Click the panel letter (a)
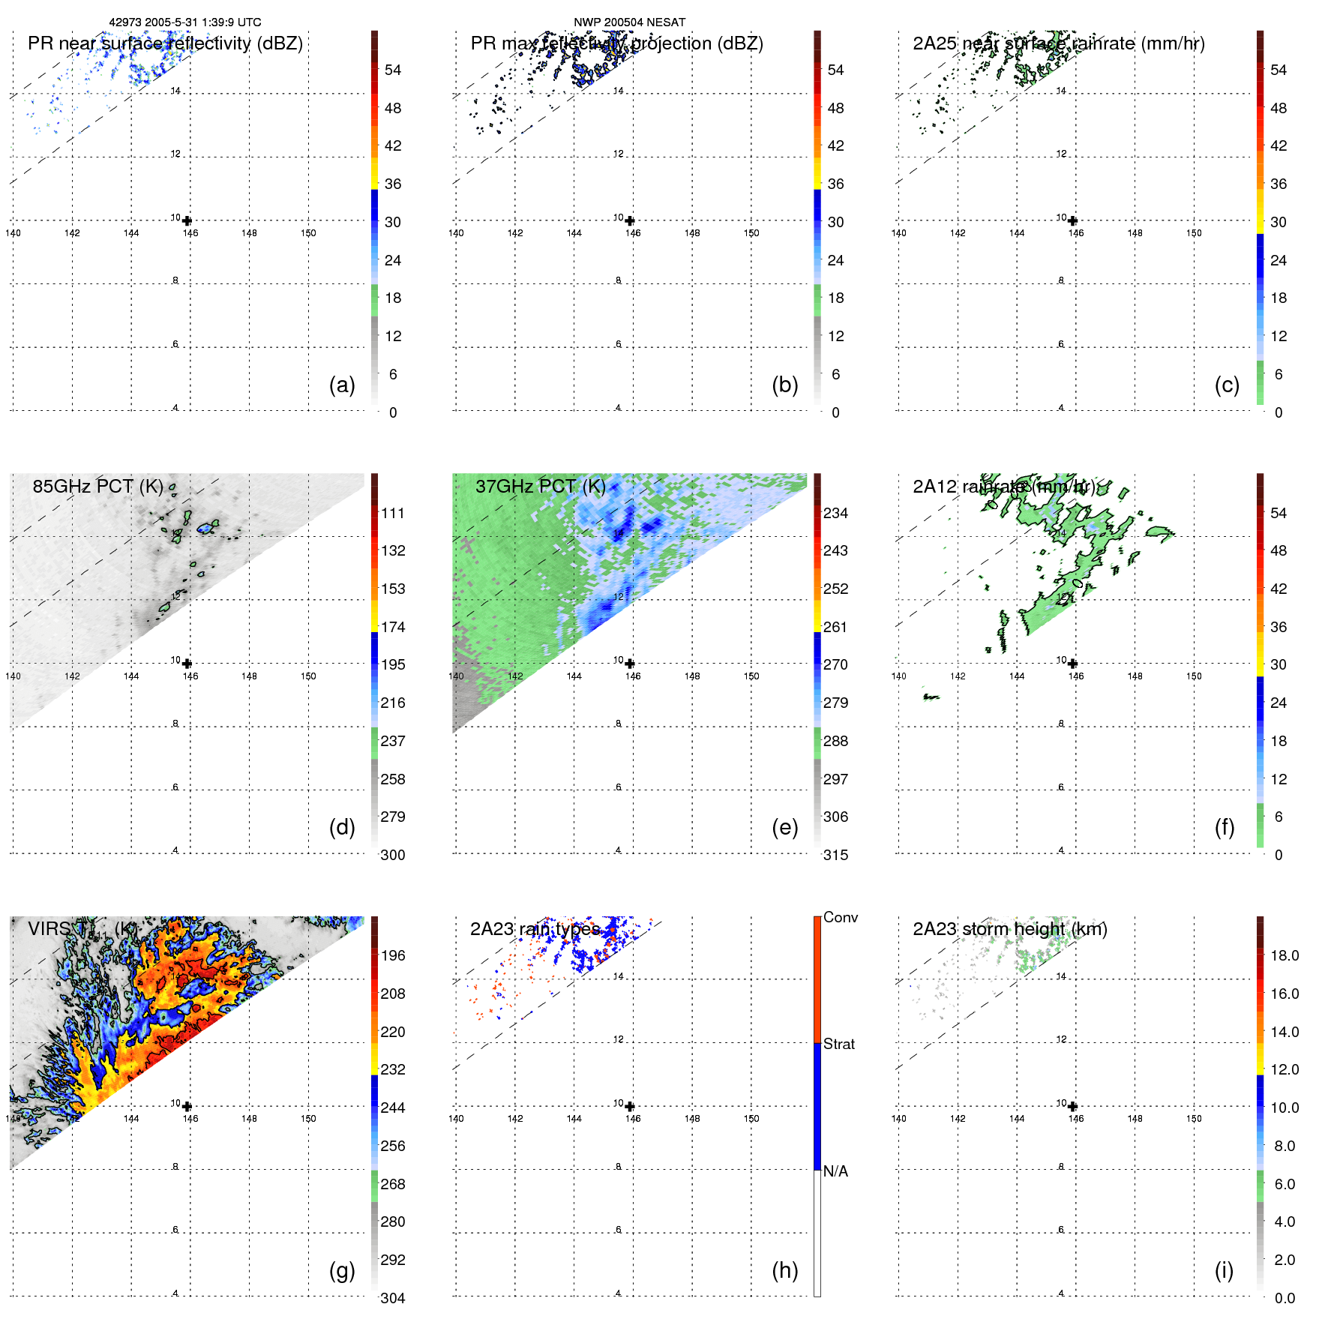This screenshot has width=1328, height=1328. click(342, 385)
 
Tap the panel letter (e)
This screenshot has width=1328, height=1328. click(784, 827)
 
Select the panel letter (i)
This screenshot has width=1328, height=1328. click(1224, 1270)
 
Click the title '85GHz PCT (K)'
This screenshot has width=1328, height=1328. click(97, 486)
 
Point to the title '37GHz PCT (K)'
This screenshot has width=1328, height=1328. click(540, 486)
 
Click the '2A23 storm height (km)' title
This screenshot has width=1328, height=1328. click(1009, 929)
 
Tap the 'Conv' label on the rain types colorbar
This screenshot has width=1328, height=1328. click(840, 917)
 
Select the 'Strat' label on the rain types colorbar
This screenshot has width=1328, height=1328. click(838, 1044)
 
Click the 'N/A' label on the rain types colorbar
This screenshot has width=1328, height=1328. click(835, 1171)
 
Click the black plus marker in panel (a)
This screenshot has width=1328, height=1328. click(187, 220)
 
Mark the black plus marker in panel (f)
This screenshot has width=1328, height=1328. click(1072, 664)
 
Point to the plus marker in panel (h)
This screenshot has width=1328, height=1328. click(630, 1106)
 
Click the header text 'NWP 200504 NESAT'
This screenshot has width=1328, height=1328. click(629, 22)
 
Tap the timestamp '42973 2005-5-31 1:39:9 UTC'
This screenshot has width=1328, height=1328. click(185, 22)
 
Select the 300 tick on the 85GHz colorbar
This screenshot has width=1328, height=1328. click(392, 855)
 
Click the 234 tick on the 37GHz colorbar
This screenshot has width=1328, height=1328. click(835, 513)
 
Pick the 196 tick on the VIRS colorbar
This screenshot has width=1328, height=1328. click(392, 955)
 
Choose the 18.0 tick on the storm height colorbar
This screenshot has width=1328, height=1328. click(1284, 955)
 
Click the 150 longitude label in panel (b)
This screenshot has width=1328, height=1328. click(751, 233)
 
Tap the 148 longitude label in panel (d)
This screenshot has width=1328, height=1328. click(249, 676)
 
